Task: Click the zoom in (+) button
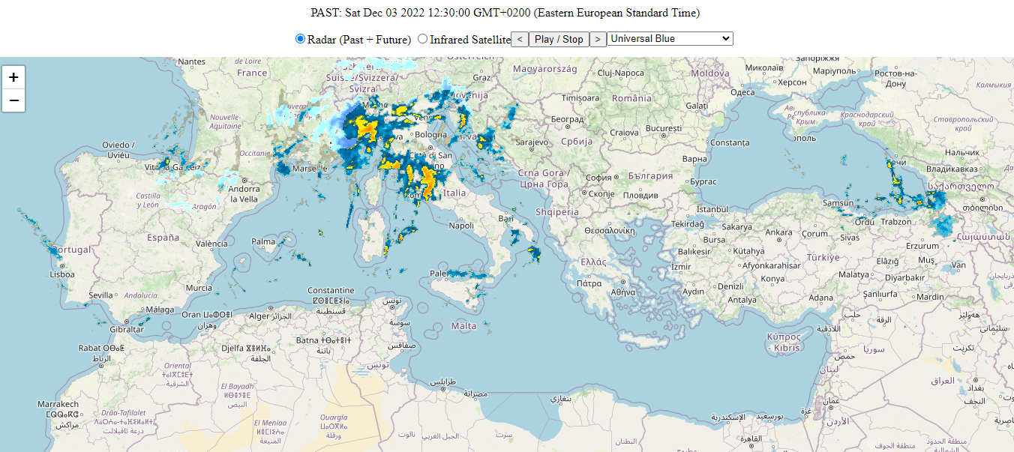[13, 77]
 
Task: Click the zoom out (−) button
[13, 100]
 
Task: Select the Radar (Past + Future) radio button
[301, 39]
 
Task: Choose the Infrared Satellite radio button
[423, 39]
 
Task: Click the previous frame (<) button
[520, 39]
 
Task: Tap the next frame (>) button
[598, 39]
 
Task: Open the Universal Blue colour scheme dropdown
[670, 39]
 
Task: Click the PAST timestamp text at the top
[505, 13]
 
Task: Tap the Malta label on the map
[464, 325]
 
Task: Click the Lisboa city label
[62, 274]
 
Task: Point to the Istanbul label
[712, 209]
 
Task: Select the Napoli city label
[461, 225]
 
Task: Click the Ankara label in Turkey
[778, 232]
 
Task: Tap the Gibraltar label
[126, 329]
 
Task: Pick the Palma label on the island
[263, 241]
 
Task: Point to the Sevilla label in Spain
[100, 295]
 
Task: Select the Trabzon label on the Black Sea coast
[895, 222]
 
